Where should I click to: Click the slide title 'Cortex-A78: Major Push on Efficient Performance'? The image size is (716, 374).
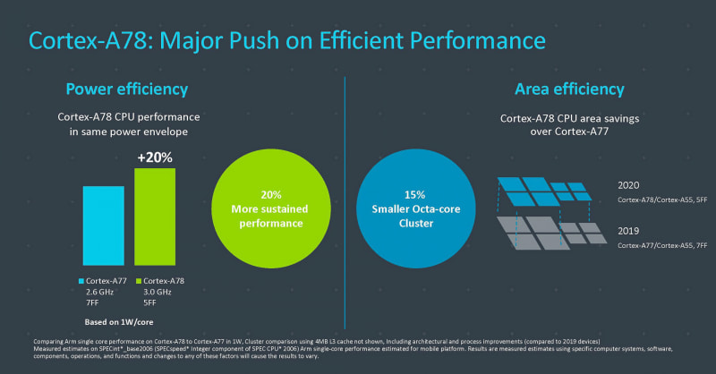click(x=287, y=40)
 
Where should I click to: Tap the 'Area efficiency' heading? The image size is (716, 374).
click(x=569, y=89)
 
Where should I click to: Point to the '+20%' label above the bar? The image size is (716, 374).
click(x=154, y=157)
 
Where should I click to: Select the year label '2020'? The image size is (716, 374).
click(x=630, y=185)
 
